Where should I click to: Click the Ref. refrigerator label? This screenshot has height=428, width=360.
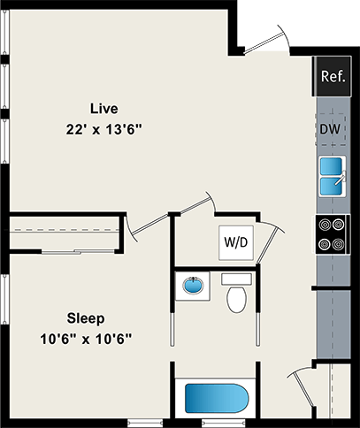(333, 76)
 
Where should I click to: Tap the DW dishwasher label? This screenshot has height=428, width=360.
(331, 130)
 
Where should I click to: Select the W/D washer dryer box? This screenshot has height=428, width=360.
(235, 240)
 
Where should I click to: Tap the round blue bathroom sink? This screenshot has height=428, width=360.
(191, 287)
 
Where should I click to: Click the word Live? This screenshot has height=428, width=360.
(103, 109)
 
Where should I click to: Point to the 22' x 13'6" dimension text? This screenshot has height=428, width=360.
(103, 128)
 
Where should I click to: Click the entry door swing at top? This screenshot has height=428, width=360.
(264, 42)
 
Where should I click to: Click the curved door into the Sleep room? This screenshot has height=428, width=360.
(137, 228)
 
